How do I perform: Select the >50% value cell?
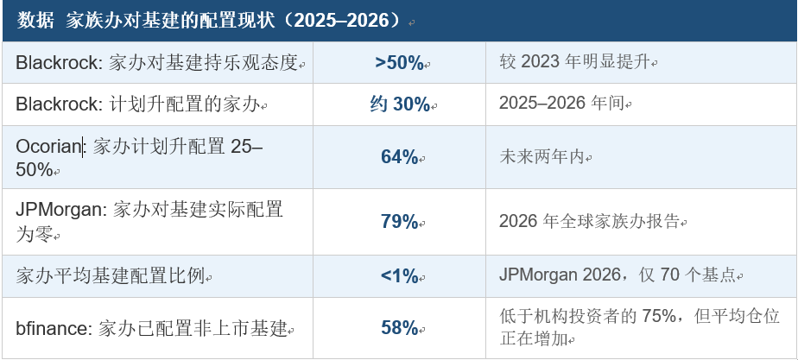coord(400,62)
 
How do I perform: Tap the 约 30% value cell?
coord(400,104)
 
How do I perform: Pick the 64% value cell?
coord(400,157)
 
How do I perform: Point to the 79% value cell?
coord(400,222)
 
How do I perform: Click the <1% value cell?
coord(400,276)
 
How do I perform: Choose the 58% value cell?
coord(400,328)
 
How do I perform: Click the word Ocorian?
coord(49,147)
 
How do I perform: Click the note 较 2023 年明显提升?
coord(575,62)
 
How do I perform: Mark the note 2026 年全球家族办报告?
coord(590,221)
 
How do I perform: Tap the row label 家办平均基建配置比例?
coord(110,276)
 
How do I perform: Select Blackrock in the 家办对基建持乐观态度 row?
coord(57,62)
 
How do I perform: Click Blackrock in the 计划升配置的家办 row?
coord(57,104)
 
